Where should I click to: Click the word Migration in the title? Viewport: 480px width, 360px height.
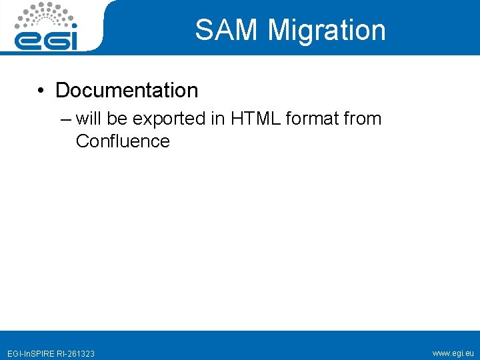[x=327, y=31]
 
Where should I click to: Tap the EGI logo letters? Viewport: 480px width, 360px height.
[x=47, y=38]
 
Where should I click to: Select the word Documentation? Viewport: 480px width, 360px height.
[x=127, y=90]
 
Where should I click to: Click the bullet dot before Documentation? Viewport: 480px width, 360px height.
[x=41, y=91]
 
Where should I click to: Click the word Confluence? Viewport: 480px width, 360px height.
[x=123, y=141]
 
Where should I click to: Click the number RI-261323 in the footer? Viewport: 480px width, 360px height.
[x=77, y=353]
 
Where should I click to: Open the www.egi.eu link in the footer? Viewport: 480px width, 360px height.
[x=453, y=353]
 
